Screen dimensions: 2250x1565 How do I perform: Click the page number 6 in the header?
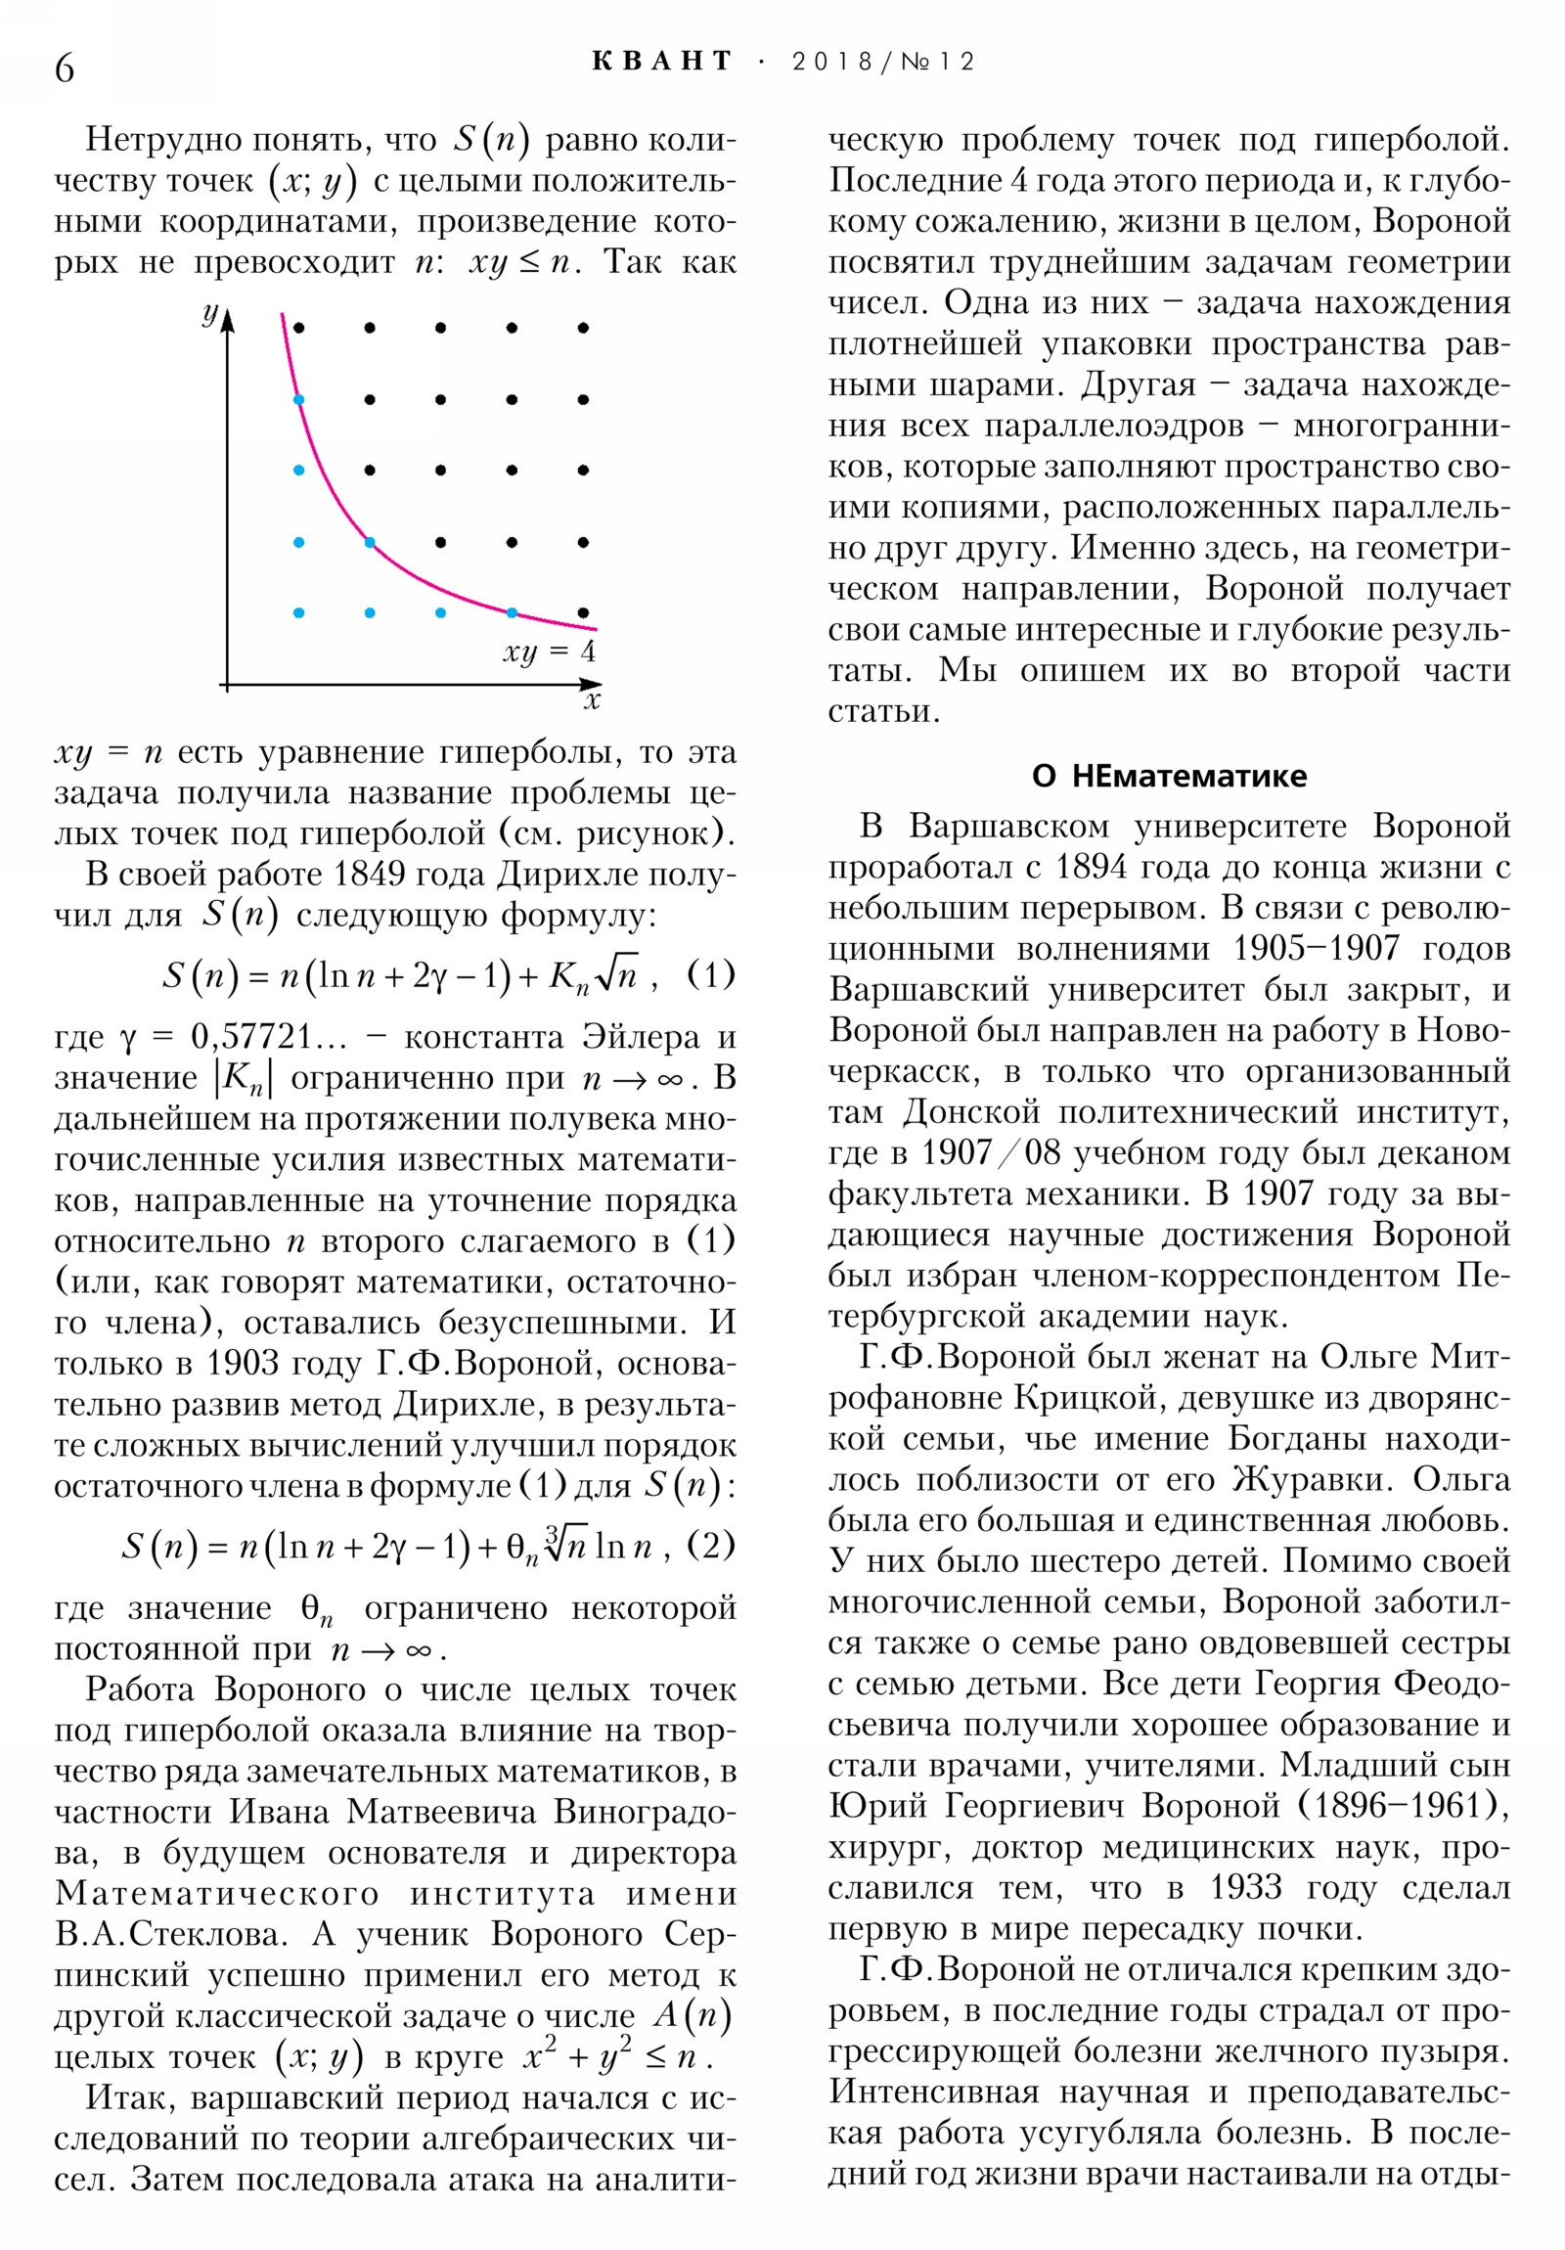65,68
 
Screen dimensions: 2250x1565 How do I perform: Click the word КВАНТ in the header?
662,61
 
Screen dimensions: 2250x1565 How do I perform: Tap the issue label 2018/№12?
882,62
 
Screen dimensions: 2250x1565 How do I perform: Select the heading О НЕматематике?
1168,775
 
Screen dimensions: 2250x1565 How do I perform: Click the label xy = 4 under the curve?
549,652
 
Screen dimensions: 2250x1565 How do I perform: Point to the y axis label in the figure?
208,314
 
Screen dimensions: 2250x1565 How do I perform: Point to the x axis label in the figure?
591,700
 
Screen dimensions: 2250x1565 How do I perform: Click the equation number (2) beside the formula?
710,1546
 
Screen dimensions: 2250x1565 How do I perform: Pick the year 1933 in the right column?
1245,1886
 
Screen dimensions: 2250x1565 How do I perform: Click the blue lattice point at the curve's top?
299,400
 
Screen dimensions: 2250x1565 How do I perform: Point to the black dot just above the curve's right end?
583,612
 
